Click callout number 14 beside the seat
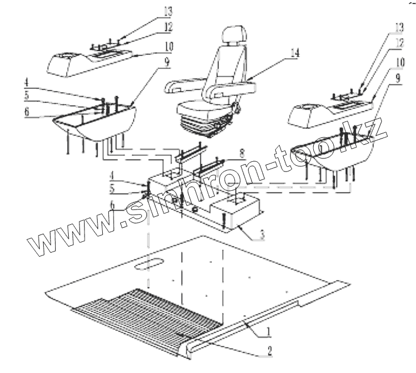[x=295, y=54]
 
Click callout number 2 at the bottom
[x=270, y=351]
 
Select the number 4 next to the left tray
[x=27, y=89]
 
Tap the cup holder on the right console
[x=310, y=107]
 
